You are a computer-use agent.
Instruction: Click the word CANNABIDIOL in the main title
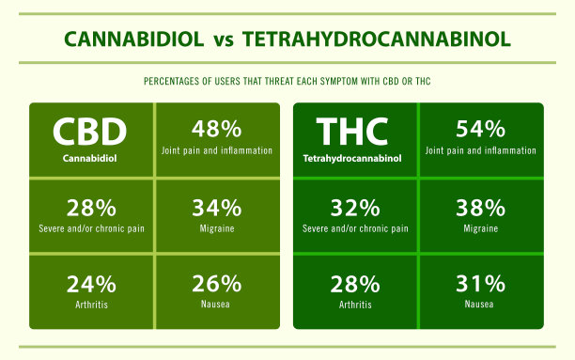pos(132,39)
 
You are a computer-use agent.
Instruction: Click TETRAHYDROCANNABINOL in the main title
pos(376,39)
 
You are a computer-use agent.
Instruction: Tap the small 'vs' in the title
pos(222,40)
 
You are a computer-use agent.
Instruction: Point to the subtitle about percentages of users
pos(287,83)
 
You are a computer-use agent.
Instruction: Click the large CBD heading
pos(90,131)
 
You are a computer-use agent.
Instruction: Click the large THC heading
pos(353,131)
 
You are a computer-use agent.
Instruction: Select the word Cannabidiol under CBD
pos(90,157)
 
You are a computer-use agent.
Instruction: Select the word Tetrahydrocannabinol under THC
pos(353,158)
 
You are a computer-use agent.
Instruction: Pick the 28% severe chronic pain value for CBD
pos(91,207)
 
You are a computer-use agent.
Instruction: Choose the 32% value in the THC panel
pos(354,207)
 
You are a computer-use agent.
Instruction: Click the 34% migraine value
pos(216,207)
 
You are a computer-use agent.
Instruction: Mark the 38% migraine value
pos(480,207)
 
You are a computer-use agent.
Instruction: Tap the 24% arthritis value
pos(91,283)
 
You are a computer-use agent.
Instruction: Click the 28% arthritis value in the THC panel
pos(354,283)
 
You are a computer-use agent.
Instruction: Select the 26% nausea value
pos(216,283)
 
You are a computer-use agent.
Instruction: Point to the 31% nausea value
pos(480,283)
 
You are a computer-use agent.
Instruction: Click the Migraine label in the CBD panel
pos(216,227)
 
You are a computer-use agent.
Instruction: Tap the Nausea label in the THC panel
pos(480,304)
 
